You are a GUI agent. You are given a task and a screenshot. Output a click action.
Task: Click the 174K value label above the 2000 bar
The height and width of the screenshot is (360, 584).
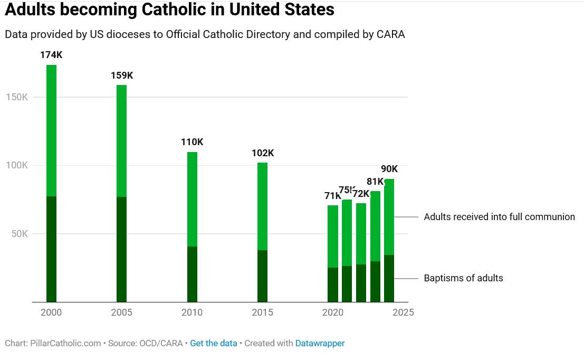(51, 55)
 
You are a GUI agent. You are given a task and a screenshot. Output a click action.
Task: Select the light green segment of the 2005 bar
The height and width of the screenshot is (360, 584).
(122, 141)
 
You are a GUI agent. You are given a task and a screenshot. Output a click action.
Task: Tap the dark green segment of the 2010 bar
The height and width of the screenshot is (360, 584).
(192, 274)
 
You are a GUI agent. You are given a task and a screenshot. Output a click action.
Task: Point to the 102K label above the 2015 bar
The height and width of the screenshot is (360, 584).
(263, 153)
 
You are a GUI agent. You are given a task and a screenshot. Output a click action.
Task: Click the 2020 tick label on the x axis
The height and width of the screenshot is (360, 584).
(333, 312)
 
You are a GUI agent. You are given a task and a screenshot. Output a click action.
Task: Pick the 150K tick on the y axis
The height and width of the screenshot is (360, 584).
(17, 97)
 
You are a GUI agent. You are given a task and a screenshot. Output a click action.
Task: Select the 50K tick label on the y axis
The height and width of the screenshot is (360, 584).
(20, 234)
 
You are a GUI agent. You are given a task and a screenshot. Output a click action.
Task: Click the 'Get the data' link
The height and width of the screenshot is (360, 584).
(214, 343)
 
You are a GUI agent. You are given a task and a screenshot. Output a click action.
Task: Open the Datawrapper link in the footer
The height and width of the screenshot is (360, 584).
(320, 343)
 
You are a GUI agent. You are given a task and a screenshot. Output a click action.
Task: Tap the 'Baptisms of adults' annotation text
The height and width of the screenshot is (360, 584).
(463, 278)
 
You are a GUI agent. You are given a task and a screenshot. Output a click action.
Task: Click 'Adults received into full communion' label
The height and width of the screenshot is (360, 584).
(499, 217)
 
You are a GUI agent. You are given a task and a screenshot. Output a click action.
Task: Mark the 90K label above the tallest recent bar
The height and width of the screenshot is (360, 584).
(389, 169)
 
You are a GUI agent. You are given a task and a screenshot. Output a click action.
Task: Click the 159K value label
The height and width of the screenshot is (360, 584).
(122, 75)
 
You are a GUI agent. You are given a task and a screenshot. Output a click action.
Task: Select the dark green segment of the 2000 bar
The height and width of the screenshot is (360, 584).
(51, 249)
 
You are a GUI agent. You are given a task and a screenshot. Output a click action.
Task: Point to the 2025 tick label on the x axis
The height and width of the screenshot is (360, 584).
(403, 312)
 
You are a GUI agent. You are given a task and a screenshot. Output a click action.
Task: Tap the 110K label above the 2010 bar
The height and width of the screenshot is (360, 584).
(192, 142)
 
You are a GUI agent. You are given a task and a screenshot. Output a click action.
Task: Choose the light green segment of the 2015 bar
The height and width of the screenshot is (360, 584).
(263, 206)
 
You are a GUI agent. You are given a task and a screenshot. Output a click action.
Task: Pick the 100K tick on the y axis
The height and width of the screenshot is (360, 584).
(17, 165)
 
